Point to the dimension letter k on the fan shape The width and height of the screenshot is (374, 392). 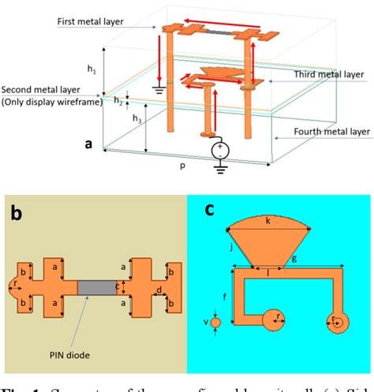267,222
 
